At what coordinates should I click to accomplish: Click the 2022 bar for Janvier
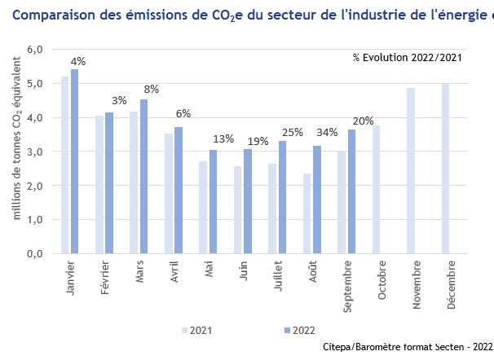click(x=74, y=161)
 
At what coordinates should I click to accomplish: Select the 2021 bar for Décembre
click(x=445, y=168)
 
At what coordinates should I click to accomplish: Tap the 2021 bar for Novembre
click(x=411, y=170)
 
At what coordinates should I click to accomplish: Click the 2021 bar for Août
click(x=307, y=213)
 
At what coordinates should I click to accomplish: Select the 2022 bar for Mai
click(x=213, y=201)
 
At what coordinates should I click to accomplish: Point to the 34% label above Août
click(x=327, y=132)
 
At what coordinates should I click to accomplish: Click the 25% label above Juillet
click(x=292, y=132)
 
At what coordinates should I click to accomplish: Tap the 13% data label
click(x=223, y=138)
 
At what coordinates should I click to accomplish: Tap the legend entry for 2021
click(x=196, y=330)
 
